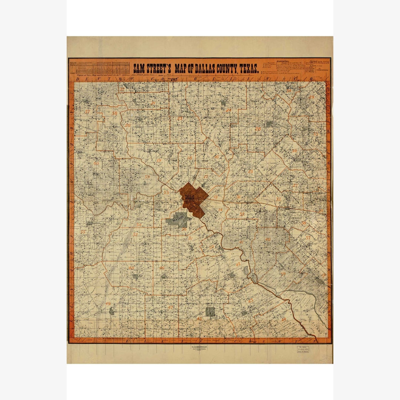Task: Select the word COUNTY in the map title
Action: (x=218, y=68)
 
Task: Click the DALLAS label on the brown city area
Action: (x=189, y=197)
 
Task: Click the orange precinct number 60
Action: (x=96, y=163)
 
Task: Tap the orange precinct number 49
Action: (x=108, y=304)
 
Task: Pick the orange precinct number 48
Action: (x=131, y=268)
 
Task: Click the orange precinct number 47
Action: (x=170, y=307)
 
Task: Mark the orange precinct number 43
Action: (x=250, y=301)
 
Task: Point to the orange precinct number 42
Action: (x=238, y=264)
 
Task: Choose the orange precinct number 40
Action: (x=268, y=240)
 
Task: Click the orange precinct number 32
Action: (x=279, y=199)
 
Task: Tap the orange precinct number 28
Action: (x=258, y=129)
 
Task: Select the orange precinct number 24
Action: (x=228, y=110)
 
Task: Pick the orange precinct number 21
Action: (x=153, y=103)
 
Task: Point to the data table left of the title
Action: (x=99, y=68)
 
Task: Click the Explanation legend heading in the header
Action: (x=283, y=62)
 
